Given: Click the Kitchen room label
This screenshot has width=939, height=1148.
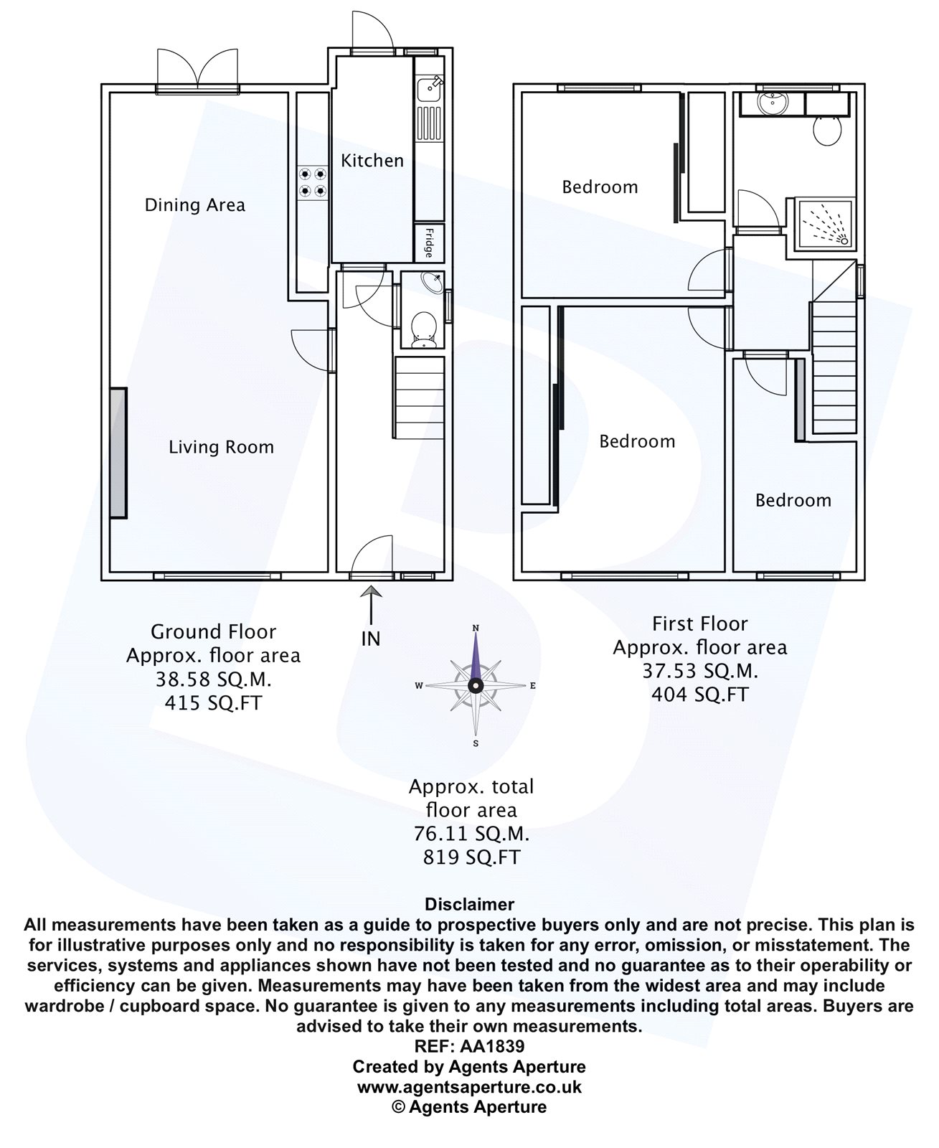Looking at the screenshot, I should click(372, 161).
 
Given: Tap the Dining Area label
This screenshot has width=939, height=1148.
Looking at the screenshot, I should click(194, 205).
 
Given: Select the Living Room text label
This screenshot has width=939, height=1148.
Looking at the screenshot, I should click(221, 448).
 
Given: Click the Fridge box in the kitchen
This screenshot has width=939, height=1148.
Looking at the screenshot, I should click(428, 243).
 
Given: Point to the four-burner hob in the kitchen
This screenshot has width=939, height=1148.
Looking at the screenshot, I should click(313, 182).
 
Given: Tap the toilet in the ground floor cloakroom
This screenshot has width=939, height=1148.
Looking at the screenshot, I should click(423, 330).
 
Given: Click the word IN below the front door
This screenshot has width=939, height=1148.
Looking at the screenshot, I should click(371, 639).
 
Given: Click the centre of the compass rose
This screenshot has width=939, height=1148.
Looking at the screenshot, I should click(475, 686).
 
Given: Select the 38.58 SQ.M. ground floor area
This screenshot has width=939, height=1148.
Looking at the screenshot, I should click(213, 679).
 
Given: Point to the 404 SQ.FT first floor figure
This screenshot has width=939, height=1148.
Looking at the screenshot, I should click(699, 695).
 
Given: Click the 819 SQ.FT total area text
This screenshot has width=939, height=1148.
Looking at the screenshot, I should click(471, 857).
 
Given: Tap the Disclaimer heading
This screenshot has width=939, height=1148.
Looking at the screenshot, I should click(469, 904).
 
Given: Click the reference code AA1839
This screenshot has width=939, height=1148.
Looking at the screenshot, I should click(469, 1046).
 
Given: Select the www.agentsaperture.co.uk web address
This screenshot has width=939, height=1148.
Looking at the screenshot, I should click(469, 1087).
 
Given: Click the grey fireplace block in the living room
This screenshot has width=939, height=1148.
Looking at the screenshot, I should click(118, 453).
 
